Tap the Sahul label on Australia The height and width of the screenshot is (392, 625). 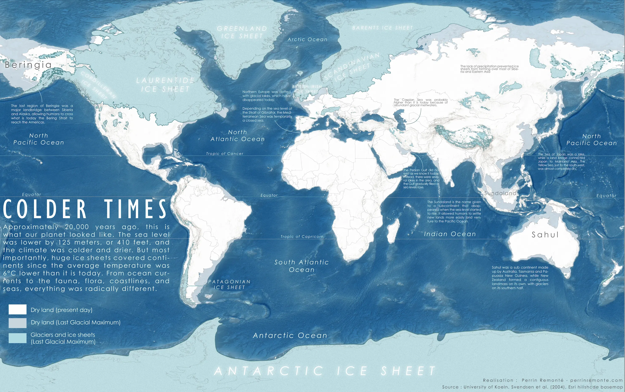pyautogui.click(x=545, y=235)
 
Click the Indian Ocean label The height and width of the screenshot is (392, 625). pyautogui.click(x=450, y=234)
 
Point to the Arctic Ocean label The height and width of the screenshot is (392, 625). pyautogui.click(x=307, y=40)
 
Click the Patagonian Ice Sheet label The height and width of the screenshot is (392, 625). pyautogui.click(x=229, y=284)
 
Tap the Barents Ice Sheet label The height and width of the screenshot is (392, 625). pyautogui.click(x=382, y=28)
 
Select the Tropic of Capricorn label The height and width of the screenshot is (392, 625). pyautogui.click(x=302, y=237)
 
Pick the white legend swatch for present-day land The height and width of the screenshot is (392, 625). pyautogui.click(x=17, y=310)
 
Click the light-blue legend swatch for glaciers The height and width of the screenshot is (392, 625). pyautogui.click(x=17, y=338)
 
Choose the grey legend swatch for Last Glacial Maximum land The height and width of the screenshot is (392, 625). pyautogui.click(x=17, y=323)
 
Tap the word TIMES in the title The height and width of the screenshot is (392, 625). pyautogui.click(x=136, y=209)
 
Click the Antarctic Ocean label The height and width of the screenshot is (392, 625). pyautogui.click(x=290, y=336)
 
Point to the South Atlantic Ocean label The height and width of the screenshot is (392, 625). pyautogui.click(x=302, y=266)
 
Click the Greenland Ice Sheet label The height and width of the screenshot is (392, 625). pyautogui.click(x=242, y=32)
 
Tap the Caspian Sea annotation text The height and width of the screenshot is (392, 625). pyautogui.click(x=421, y=102)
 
